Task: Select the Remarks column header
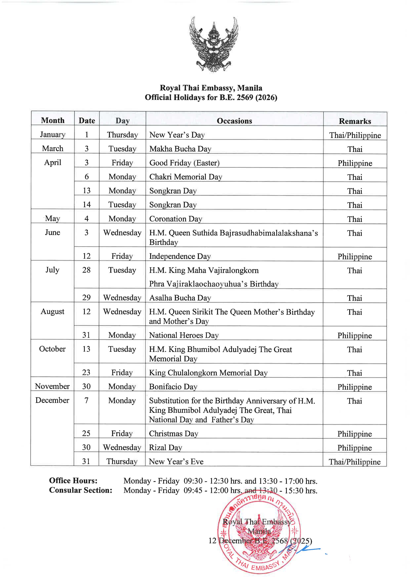tap(355, 121)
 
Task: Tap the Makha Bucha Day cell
tap(180, 149)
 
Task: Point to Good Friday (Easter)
tap(184, 163)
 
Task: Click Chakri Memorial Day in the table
tap(185, 177)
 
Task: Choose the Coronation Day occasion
tap(176, 219)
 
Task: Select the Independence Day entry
tap(180, 256)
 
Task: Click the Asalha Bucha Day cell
tap(180, 298)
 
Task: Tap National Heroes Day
tap(184, 335)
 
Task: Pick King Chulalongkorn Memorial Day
tap(208, 373)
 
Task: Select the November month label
tap(52, 386)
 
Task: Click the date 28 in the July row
tap(86, 270)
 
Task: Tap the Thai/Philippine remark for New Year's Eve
tap(354, 462)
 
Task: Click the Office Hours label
tap(73, 480)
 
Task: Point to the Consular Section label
tap(81, 490)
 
